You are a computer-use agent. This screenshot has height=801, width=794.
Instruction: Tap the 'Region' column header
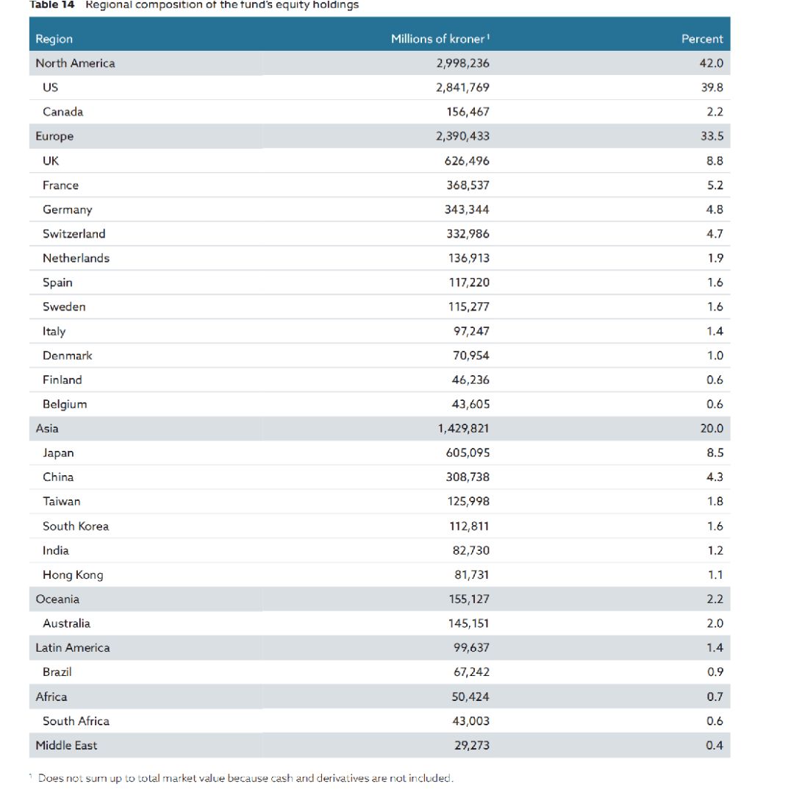pyautogui.click(x=54, y=39)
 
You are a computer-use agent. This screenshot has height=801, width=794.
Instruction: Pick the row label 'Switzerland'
pyautogui.click(x=74, y=234)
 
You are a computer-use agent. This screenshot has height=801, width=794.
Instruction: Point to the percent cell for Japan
pyautogui.click(x=715, y=453)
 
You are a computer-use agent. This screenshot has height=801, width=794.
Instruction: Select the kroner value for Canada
pyautogui.click(x=468, y=112)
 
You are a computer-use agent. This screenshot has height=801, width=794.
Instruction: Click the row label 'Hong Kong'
pyautogui.click(x=73, y=575)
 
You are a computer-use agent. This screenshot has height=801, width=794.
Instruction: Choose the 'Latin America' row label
pyautogui.click(x=73, y=648)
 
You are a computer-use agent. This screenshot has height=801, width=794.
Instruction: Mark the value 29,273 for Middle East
pyautogui.click(x=471, y=746)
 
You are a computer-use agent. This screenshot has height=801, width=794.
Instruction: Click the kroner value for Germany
pyautogui.click(x=467, y=210)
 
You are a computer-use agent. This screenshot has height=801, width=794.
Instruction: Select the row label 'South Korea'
pyautogui.click(x=76, y=527)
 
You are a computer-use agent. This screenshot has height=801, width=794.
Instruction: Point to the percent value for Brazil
pyautogui.click(x=715, y=672)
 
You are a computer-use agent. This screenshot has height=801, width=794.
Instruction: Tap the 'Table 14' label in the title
pyautogui.click(x=52, y=5)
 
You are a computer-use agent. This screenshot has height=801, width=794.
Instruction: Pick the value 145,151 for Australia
pyautogui.click(x=468, y=624)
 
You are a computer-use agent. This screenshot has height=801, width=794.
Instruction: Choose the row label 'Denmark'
pyautogui.click(x=68, y=356)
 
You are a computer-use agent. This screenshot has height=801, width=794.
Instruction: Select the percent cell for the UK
pyautogui.click(x=715, y=161)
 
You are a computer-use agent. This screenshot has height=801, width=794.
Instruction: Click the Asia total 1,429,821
pyautogui.click(x=463, y=429)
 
